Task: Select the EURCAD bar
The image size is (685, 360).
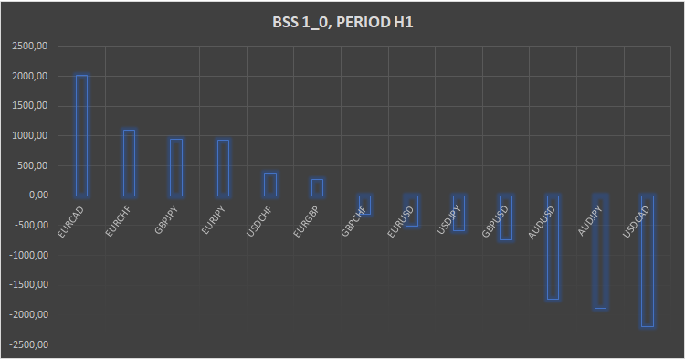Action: [81, 135]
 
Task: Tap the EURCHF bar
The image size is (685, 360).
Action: [129, 163]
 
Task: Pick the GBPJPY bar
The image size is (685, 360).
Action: [176, 167]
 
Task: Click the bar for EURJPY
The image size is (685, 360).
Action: [223, 168]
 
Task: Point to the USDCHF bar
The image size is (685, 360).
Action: [270, 185]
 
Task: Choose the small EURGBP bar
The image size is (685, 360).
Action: [317, 187]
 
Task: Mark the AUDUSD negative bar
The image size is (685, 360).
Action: [553, 247]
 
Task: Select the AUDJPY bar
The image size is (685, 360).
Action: [600, 251]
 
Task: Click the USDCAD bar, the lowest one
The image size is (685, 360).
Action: [648, 260]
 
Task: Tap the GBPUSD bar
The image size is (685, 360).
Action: [506, 217]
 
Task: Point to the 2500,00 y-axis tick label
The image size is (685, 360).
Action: [30, 47]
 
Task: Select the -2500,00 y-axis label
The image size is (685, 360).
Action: [28, 344]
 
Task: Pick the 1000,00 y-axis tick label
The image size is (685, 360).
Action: [30, 136]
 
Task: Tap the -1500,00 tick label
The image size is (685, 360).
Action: [28, 285]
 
